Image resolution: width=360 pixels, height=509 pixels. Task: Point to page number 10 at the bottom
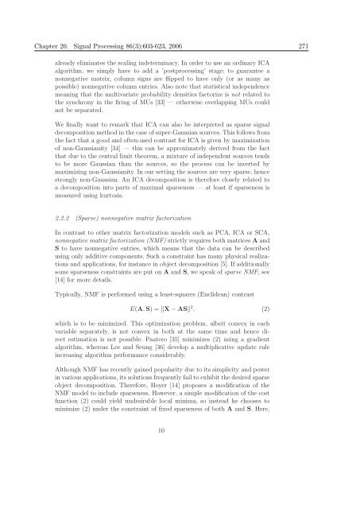point(179,476)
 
